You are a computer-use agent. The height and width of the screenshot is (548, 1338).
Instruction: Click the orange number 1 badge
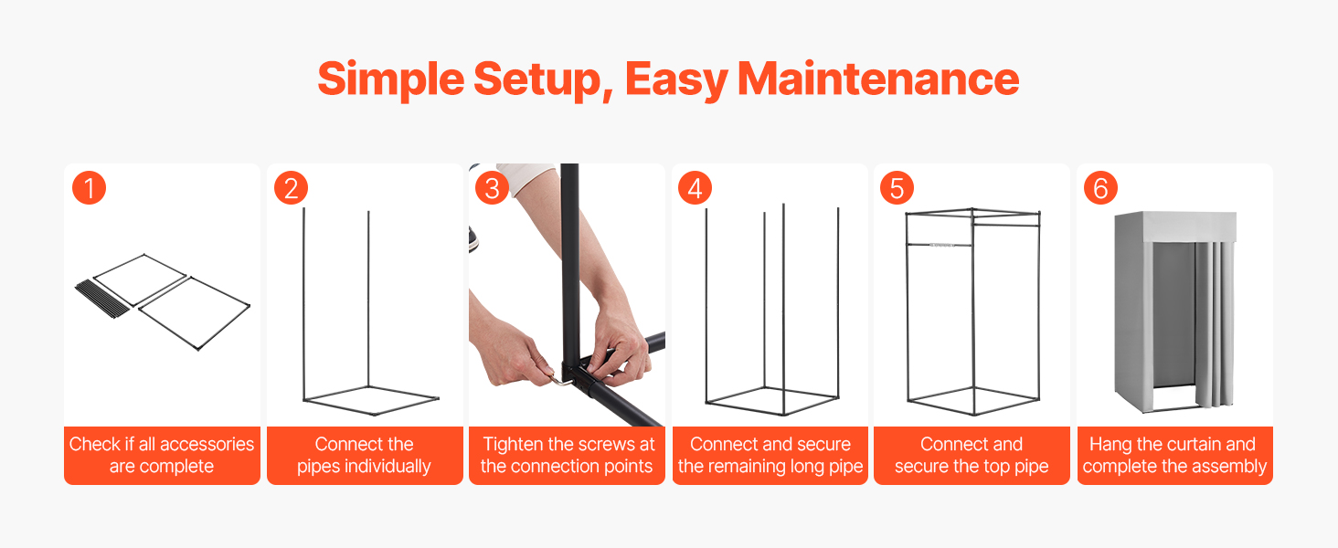pos(89,188)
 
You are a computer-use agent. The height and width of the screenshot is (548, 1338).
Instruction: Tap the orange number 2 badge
pos(291,188)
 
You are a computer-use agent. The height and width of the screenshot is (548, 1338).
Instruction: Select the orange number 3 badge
pos(493,188)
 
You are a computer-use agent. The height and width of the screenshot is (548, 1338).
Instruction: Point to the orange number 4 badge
pos(695,188)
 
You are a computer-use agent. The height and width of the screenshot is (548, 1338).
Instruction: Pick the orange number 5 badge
pos(897,188)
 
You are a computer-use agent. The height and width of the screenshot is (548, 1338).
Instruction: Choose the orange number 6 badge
pos(1100,188)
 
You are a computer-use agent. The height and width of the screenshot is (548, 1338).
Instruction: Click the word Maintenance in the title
pos(878,79)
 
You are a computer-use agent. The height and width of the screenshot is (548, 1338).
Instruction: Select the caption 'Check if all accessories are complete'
pos(161,455)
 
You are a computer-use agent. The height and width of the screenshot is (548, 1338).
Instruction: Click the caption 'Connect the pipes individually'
pos(364,455)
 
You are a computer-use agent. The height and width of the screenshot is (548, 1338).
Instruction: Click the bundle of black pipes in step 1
pos(102,298)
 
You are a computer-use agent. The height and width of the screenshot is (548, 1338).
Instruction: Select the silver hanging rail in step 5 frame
pos(940,245)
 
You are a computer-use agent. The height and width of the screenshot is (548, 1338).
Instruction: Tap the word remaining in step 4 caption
pos(745,466)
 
